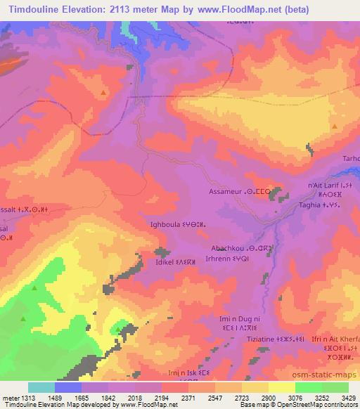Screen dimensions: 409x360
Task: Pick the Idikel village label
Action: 169,261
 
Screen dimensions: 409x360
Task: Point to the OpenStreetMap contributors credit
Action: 320,405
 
